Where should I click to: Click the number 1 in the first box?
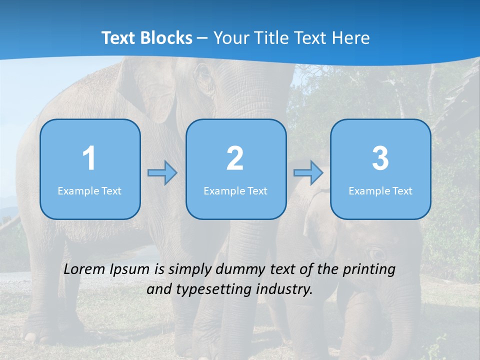[89, 158]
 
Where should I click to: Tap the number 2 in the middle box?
[235, 158]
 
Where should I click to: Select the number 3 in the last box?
[380, 158]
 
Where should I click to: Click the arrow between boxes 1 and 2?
[162, 173]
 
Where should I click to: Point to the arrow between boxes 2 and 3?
[308, 173]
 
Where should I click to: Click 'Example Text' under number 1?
[89, 190]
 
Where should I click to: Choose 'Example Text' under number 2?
[235, 190]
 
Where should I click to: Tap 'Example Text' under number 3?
[380, 190]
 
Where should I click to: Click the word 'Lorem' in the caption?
[84, 269]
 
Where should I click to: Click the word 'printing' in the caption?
[369, 270]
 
